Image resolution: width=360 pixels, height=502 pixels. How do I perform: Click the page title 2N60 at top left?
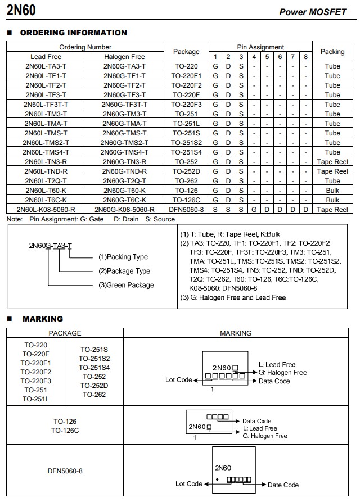tap(22, 10)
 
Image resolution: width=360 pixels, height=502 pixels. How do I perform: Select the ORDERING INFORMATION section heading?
tap(73, 33)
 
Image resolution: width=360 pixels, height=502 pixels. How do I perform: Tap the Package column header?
tap(186, 52)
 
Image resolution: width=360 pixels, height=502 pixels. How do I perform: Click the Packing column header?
tap(332, 52)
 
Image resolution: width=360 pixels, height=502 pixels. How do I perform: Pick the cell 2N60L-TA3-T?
tap(46, 66)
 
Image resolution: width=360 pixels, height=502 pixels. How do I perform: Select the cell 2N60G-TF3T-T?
tap(124, 105)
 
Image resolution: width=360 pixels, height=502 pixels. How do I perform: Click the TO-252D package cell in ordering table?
tap(186, 171)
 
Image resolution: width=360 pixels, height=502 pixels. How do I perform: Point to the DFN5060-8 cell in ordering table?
tap(186, 210)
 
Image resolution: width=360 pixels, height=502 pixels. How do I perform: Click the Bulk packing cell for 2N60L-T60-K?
tap(332, 191)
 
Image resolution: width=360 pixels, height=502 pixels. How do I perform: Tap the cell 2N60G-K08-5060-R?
tap(124, 210)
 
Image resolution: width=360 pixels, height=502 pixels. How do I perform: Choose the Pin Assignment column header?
tap(260, 47)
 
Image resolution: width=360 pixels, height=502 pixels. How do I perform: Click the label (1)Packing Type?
tap(123, 257)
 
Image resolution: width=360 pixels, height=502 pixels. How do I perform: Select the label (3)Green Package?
tap(126, 285)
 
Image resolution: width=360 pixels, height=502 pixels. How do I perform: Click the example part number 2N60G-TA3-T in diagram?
tap(51, 246)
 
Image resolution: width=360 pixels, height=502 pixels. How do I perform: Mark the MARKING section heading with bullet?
tap(42, 319)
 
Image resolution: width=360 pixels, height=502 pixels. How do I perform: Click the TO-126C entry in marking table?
tap(65, 431)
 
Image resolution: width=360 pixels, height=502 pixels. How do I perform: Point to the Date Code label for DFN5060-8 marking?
tap(283, 485)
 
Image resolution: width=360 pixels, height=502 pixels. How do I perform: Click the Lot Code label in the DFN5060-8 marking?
tap(189, 483)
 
